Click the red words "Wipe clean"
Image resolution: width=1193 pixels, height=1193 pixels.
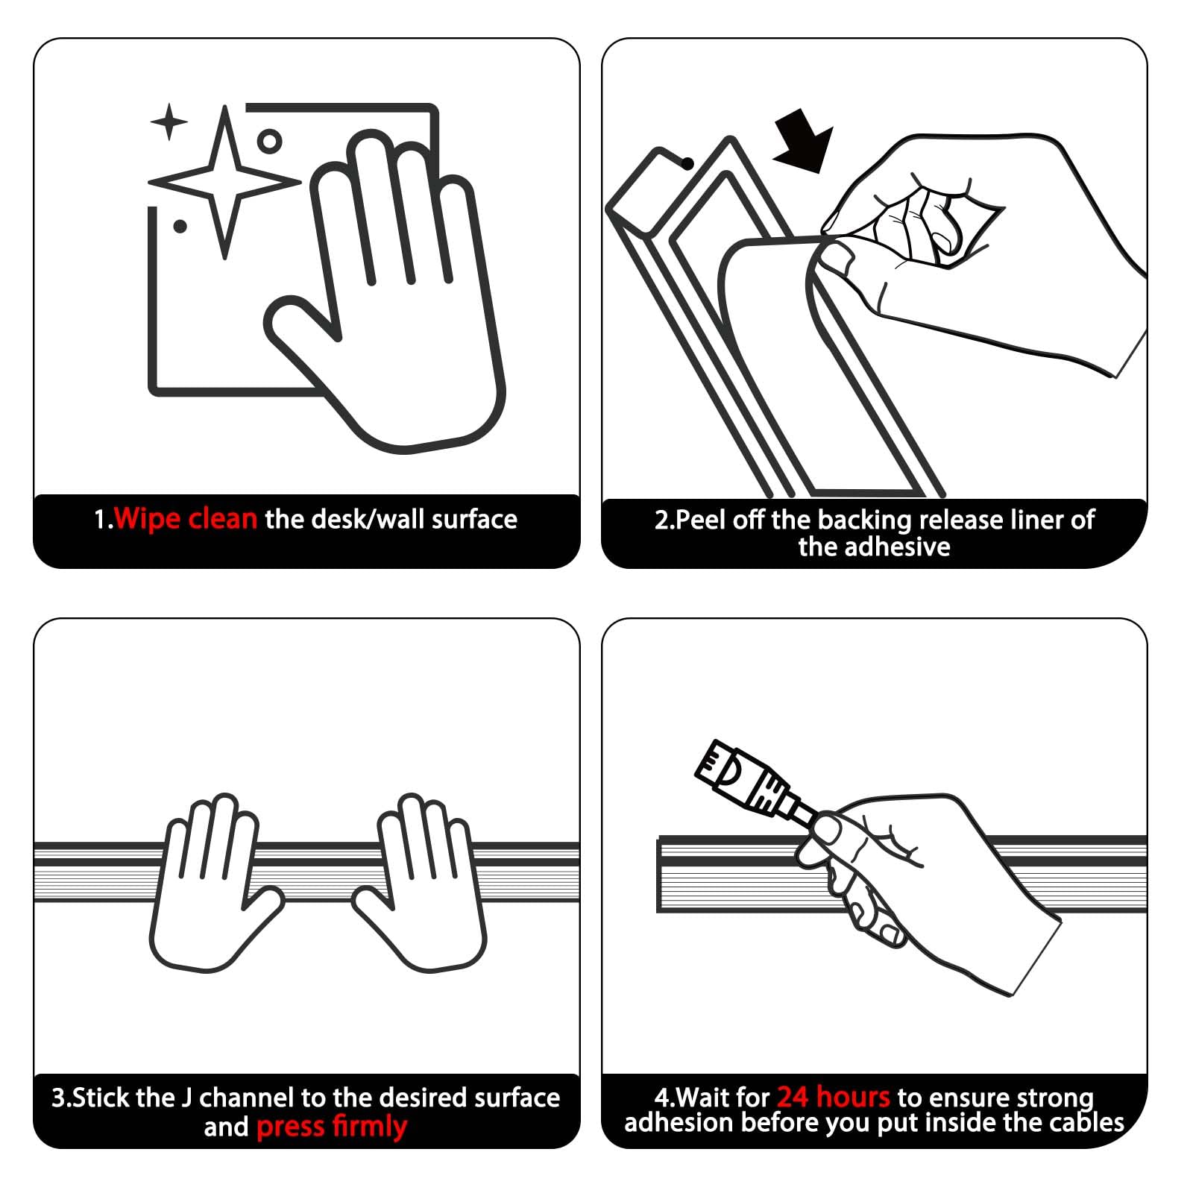[186, 518]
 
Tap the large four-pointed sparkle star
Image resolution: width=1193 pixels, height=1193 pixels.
[224, 182]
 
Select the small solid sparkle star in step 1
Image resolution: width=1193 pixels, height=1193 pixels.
[169, 122]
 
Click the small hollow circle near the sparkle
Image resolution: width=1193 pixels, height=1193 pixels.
[269, 141]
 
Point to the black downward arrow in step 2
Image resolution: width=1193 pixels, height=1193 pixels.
[804, 140]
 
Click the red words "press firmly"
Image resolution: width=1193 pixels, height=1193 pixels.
[332, 1127]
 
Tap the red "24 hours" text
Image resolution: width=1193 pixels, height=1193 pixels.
[834, 1097]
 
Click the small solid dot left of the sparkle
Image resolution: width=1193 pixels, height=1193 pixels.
[180, 226]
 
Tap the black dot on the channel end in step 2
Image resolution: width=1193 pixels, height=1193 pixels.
[688, 163]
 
